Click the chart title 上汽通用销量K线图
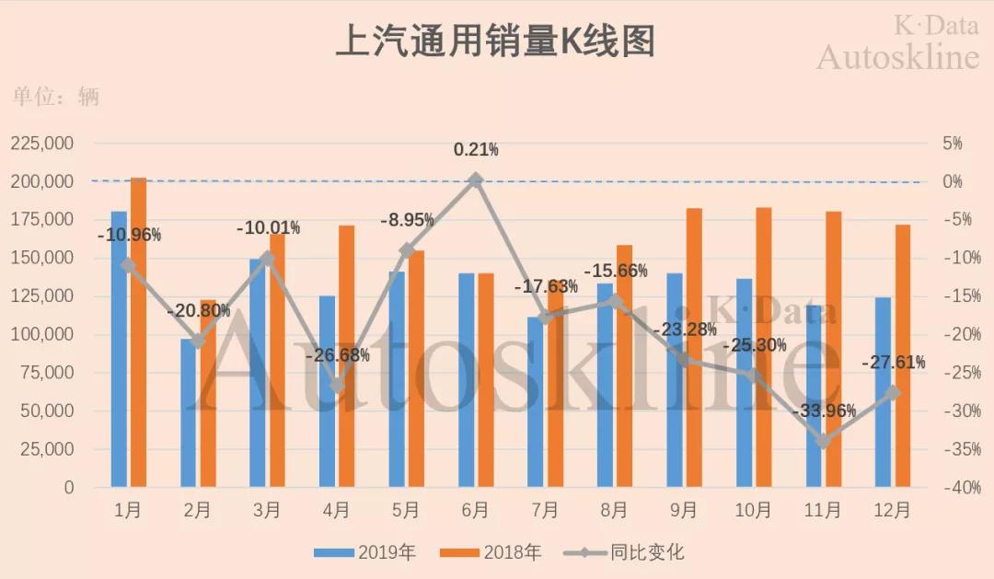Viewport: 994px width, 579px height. click(495, 42)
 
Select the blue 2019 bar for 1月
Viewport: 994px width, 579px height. click(119, 350)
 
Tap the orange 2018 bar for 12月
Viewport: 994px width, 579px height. click(902, 355)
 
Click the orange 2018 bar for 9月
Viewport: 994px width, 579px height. click(695, 348)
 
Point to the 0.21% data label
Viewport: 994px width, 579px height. click(476, 149)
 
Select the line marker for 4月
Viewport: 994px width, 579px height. click(337, 386)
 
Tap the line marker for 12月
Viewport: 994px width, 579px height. click(893, 393)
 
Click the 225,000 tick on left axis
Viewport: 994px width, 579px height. click(42, 144)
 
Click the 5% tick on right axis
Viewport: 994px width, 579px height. click(954, 144)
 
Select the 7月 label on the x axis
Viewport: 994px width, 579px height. click(544, 510)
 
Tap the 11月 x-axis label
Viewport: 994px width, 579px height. click(822, 510)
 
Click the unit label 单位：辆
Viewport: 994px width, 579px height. click(56, 98)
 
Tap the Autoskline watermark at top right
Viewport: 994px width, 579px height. click(897, 57)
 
